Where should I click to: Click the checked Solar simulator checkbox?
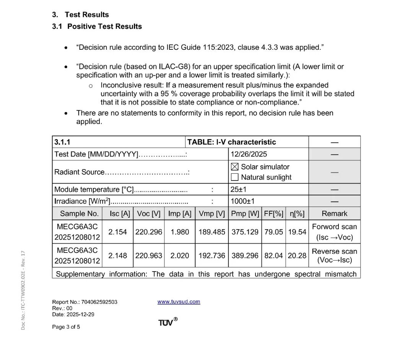click(x=235, y=167)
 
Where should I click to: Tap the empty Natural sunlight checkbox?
click(x=235, y=177)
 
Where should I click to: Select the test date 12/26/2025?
click(x=249, y=154)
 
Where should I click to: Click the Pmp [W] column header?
click(x=245, y=213)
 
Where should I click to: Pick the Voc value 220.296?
click(x=149, y=232)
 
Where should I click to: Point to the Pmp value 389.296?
click(x=245, y=256)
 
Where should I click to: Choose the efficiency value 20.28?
click(x=297, y=256)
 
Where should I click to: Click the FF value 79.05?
click(x=273, y=232)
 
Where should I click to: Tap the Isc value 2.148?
click(x=117, y=256)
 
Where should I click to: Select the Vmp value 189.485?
click(x=212, y=232)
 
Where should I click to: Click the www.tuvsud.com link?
click(x=179, y=301)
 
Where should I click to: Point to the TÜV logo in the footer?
click(x=167, y=322)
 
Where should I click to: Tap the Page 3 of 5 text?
click(x=66, y=327)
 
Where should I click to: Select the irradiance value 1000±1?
click(x=242, y=201)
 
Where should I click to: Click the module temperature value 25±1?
click(x=239, y=189)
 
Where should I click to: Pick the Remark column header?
click(x=334, y=213)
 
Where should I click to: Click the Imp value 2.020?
click(x=180, y=256)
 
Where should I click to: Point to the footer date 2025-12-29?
click(x=80, y=314)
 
